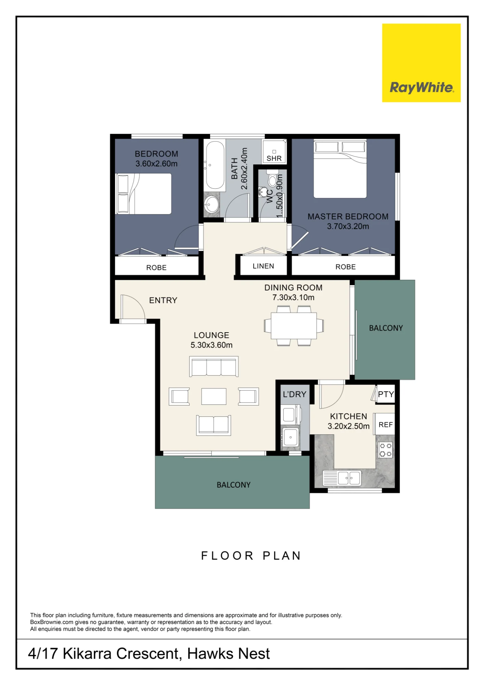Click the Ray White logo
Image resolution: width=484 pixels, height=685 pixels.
pyautogui.click(x=421, y=63)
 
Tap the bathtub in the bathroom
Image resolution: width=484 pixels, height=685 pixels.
pyautogui.click(x=215, y=165)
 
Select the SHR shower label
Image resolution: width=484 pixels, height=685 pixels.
pyautogui.click(x=274, y=158)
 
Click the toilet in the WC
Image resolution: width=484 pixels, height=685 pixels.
pyautogui.click(x=272, y=178)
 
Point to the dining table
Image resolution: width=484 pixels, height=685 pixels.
pyautogui.click(x=294, y=325)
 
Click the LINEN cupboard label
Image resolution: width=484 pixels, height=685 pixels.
pyautogui.click(x=263, y=266)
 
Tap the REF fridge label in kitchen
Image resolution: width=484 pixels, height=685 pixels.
pyautogui.click(x=386, y=425)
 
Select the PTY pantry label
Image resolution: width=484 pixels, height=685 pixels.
pyautogui.click(x=386, y=394)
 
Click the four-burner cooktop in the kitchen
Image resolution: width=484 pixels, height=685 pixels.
pyautogui.click(x=386, y=450)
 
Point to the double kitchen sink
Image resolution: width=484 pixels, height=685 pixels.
pyautogui.click(x=349, y=478)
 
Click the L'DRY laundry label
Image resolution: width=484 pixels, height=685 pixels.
pyautogui.click(x=294, y=394)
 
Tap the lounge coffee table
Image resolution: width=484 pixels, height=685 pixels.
pyautogui.click(x=214, y=397)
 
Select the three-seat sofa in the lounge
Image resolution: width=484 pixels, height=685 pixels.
pyautogui.click(x=214, y=366)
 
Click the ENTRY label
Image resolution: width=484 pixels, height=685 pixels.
pyautogui.click(x=163, y=300)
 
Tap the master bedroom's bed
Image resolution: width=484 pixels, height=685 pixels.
pyautogui.click(x=340, y=169)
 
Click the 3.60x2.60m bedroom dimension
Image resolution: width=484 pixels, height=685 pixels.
pyautogui.click(x=156, y=164)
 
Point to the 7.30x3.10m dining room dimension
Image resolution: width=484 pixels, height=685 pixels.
pyautogui.click(x=293, y=297)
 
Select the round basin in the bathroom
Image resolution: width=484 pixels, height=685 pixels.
pyautogui.click(x=212, y=205)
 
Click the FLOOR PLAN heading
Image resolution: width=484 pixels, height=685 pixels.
pyautogui.click(x=251, y=556)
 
